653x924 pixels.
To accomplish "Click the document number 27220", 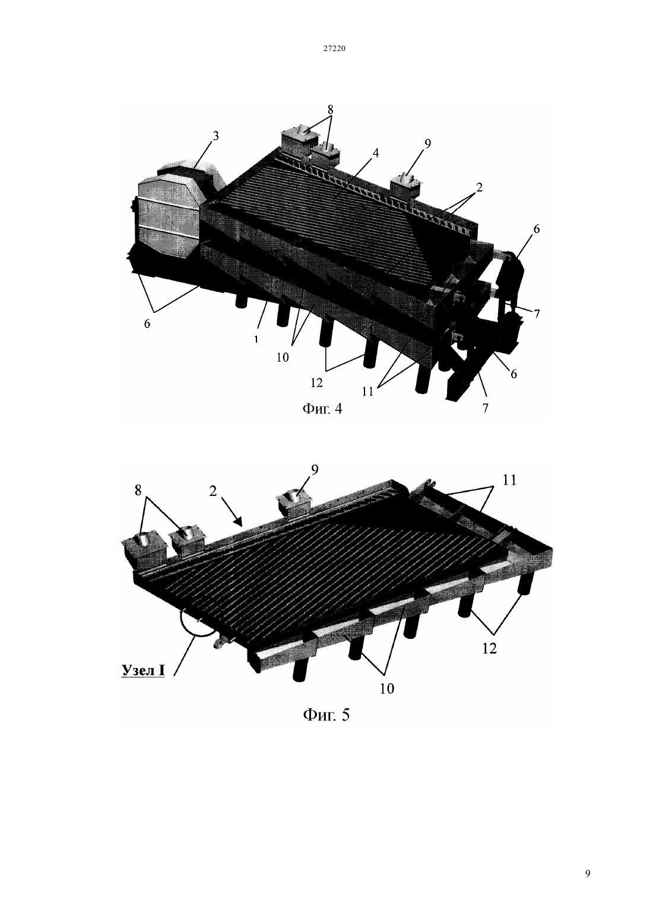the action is coord(334,48).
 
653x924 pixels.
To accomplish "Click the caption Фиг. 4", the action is coord(322,409).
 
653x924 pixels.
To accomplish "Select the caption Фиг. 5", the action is coord(326,714).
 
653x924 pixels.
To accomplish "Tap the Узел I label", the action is coord(143,670).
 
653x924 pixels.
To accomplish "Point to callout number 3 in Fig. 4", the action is coord(215,136).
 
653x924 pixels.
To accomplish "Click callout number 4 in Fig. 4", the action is coord(375,153).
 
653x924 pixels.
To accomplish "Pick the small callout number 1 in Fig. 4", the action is coord(256,339).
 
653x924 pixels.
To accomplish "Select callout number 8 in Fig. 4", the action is coord(330,109).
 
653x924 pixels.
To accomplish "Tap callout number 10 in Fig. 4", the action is coord(283,357).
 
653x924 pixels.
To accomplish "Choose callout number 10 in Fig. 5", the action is coord(387,688).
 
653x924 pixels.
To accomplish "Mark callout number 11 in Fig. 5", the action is coord(509,480).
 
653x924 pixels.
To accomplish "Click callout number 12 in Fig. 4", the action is coord(316,383).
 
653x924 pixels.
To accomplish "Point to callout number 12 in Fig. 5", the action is coord(489,649).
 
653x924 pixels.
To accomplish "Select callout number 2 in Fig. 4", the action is coord(478,188).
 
